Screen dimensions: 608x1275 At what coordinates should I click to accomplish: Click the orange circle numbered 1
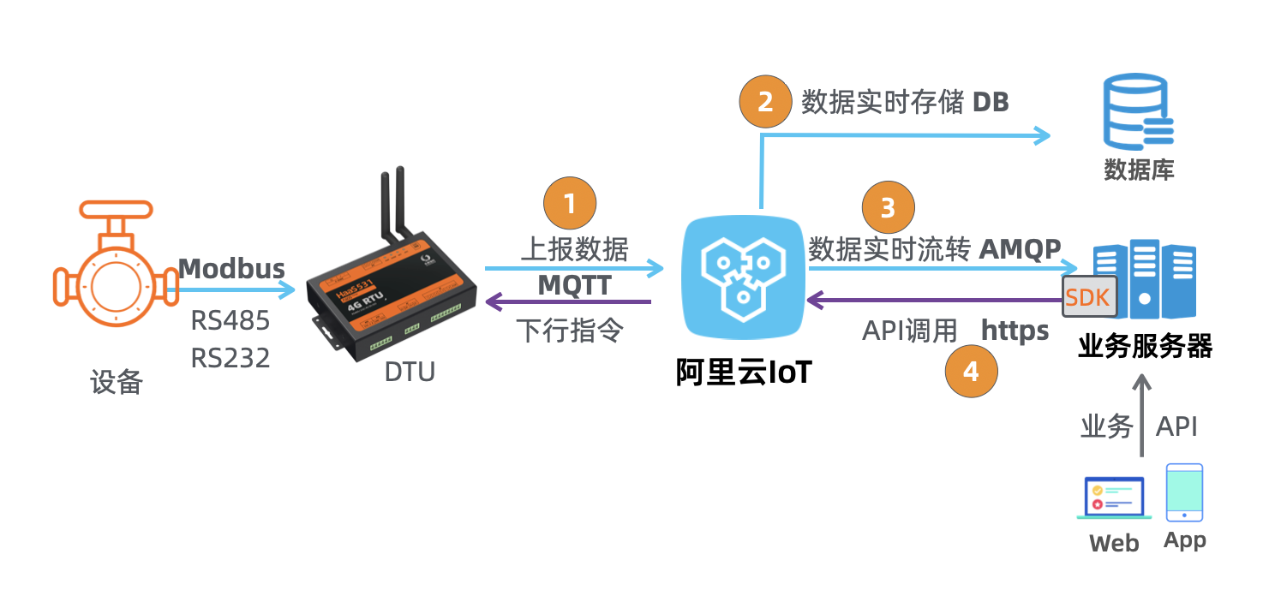point(570,204)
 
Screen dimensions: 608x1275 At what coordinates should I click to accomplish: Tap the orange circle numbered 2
point(765,102)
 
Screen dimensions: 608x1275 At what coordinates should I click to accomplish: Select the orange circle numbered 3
point(889,207)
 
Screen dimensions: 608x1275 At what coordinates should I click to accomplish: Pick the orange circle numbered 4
point(971,372)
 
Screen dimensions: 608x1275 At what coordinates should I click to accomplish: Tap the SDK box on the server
point(1089,297)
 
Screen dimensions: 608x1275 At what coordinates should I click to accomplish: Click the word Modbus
point(231,269)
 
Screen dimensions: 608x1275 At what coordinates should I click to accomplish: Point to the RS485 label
point(230,321)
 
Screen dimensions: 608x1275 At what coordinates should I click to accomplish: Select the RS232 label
point(230,357)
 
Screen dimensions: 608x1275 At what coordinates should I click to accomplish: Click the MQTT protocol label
point(574,285)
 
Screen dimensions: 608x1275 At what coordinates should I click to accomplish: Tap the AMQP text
point(1020,248)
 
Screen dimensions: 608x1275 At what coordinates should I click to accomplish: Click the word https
point(1015,331)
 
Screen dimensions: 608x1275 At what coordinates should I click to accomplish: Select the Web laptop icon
point(1114,498)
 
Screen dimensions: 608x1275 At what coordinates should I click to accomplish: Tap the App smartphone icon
point(1184,492)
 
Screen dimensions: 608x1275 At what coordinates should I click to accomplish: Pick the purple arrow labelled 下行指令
point(569,301)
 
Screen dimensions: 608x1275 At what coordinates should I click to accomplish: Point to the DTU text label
point(410,372)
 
